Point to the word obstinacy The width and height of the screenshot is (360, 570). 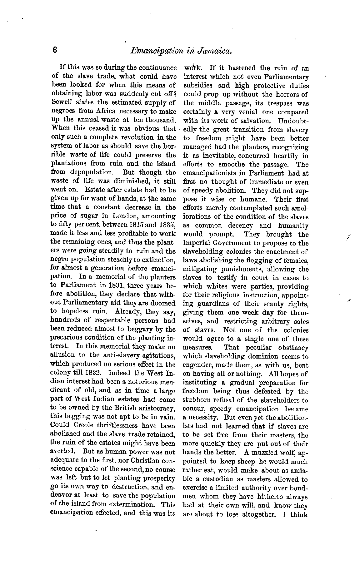point(293,347)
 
